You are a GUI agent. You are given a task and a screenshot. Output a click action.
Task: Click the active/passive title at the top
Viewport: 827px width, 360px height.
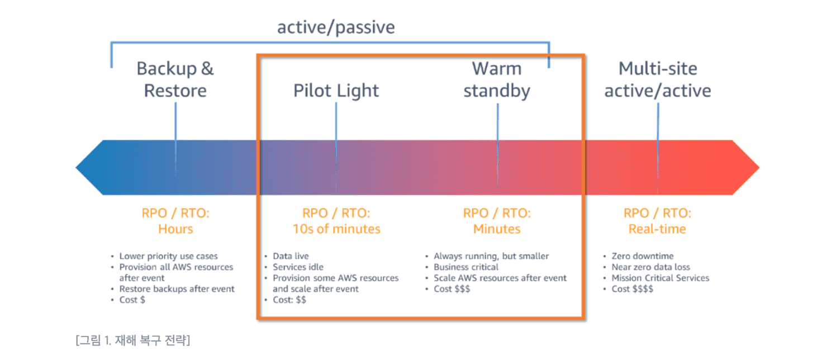(x=336, y=27)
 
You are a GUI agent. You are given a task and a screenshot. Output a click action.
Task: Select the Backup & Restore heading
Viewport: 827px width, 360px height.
(x=175, y=79)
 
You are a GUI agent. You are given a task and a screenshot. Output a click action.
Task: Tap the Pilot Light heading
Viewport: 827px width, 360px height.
(x=336, y=91)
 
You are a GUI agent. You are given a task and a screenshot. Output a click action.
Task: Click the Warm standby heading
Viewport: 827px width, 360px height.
(x=497, y=79)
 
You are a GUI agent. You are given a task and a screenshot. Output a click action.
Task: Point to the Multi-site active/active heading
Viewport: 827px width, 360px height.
(x=658, y=79)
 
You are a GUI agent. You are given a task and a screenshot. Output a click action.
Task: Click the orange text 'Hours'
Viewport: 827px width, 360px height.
(x=175, y=229)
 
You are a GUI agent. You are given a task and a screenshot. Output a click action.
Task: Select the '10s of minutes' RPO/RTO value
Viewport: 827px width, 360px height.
(x=336, y=229)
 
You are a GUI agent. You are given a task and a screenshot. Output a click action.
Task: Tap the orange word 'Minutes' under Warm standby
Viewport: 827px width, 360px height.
(x=497, y=229)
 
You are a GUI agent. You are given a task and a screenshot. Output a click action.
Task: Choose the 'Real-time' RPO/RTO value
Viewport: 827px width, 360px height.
(x=657, y=229)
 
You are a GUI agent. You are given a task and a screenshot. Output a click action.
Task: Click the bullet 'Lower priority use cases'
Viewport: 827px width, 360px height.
(x=168, y=257)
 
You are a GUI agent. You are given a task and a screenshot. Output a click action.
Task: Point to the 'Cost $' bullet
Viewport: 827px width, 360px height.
(x=132, y=300)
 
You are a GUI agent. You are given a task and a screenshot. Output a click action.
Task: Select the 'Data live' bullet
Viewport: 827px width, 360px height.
(x=291, y=257)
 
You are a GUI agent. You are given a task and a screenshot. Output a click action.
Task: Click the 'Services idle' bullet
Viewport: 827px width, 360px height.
(x=298, y=267)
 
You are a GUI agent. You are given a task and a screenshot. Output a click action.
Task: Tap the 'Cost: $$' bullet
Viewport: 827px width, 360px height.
(x=289, y=300)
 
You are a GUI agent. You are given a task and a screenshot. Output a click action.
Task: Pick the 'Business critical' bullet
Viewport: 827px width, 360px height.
(x=466, y=267)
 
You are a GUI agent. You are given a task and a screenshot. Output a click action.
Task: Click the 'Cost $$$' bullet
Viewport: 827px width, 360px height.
(x=451, y=289)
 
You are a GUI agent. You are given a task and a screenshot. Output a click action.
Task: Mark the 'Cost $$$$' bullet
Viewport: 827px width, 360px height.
(x=632, y=289)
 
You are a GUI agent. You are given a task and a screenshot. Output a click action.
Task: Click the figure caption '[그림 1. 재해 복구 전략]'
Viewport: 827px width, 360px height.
(x=133, y=340)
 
